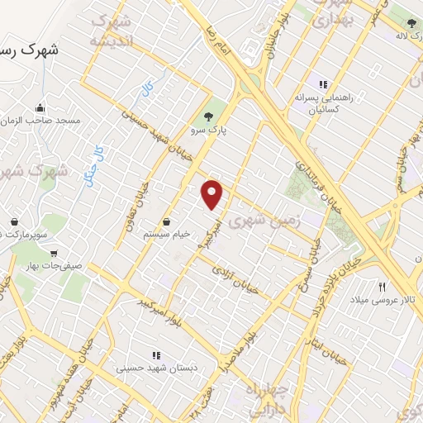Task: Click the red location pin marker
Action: point(213,195)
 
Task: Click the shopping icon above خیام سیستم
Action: point(168,221)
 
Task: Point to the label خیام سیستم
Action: point(167,234)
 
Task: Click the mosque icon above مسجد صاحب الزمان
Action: point(39,107)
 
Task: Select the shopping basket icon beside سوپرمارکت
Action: point(15,221)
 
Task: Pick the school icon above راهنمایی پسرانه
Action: point(324,84)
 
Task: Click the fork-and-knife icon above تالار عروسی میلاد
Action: point(382,286)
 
